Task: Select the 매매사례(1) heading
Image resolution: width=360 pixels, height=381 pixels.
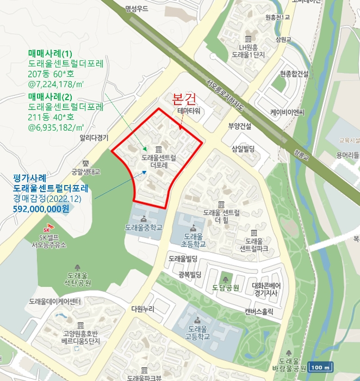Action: (x=50, y=53)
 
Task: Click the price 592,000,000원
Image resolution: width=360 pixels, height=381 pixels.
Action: (x=41, y=208)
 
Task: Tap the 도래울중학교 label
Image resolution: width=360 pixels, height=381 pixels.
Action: (x=144, y=227)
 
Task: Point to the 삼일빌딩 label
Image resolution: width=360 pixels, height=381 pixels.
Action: (x=243, y=149)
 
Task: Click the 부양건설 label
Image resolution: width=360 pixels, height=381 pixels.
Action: (x=239, y=126)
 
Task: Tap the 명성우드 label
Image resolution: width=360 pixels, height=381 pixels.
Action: (x=136, y=8)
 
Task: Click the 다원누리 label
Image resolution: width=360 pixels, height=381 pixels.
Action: (x=143, y=309)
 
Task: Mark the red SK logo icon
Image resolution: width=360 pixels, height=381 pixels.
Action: (x=52, y=226)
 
